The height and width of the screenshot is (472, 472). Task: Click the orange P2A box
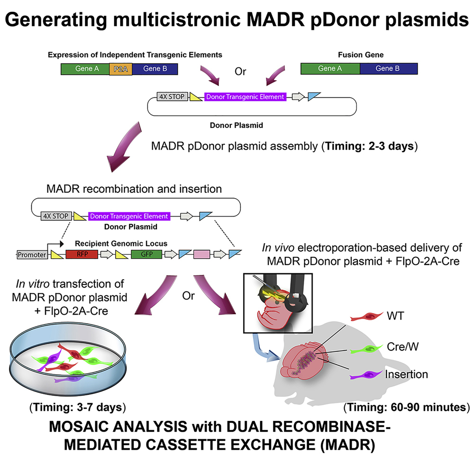[120, 69]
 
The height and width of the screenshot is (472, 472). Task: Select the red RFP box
[82, 254]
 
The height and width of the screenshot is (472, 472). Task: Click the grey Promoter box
[32, 255]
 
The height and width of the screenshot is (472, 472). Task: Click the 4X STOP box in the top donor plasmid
[172, 97]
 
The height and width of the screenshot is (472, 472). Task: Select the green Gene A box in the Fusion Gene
[330, 69]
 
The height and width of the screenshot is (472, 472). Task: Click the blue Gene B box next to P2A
[155, 69]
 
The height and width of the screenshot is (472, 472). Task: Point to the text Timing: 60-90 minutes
[407, 407]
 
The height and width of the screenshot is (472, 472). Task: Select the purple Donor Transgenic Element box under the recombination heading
[128, 216]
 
